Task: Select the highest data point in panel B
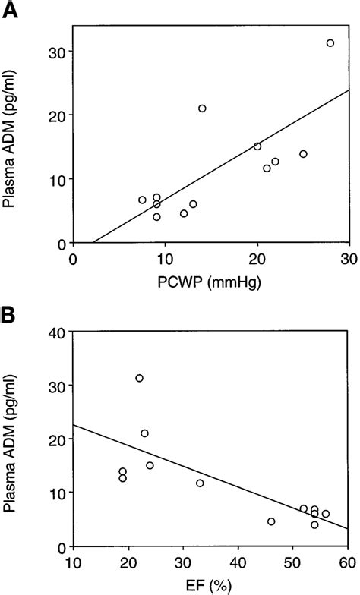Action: [139, 378]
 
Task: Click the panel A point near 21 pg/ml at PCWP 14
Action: [202, 109]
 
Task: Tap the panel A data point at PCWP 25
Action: [303, 154]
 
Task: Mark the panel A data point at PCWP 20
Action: [257, 146]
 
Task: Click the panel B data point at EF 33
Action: [200, 483]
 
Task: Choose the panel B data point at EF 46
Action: [271, 521]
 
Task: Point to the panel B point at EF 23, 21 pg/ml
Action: [144, 433]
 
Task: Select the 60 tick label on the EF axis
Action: [349, 562]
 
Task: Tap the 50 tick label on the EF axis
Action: [293, 562]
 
